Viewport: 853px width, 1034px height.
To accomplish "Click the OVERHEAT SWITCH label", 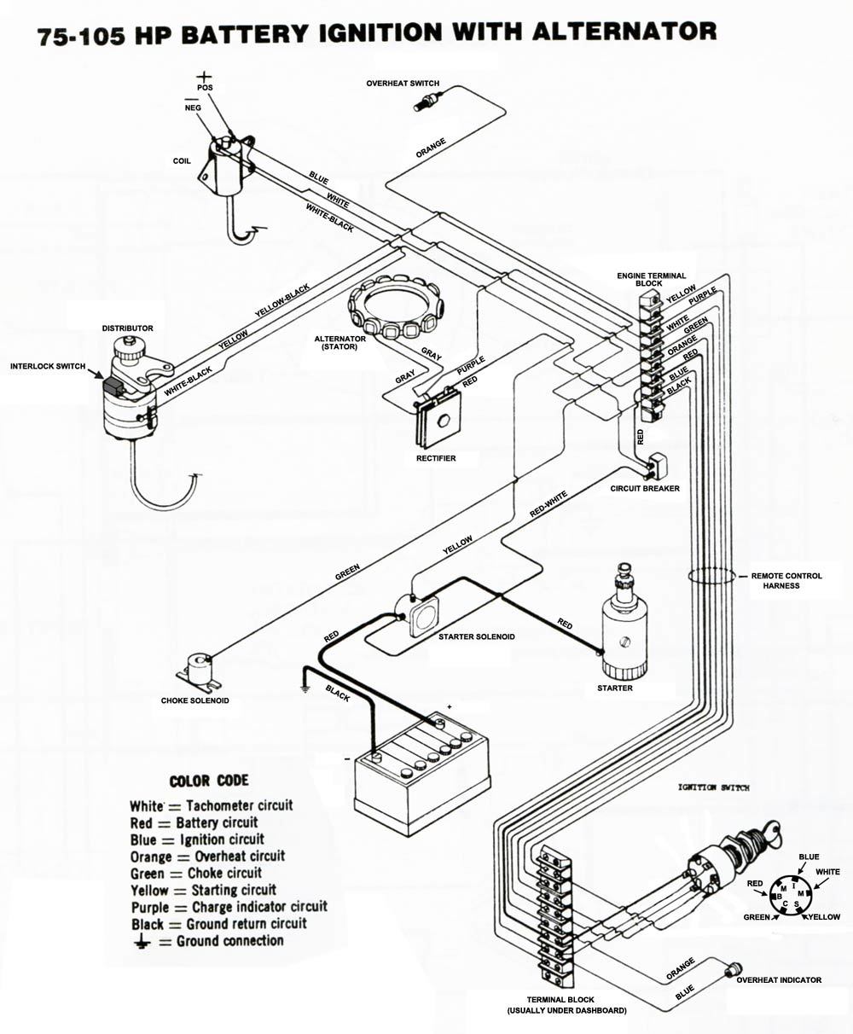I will coord(403,84).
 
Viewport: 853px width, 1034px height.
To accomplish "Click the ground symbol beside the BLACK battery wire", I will coord(304,686).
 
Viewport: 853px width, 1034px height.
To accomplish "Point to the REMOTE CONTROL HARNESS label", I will coord(786,581).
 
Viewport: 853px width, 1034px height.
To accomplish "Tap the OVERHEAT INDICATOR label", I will coord(779,980).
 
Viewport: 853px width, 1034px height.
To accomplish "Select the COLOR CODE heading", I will coord(209,781).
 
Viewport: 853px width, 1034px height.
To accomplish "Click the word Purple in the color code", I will coord(149,907).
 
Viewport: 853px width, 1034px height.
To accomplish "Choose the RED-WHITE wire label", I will coord(548,507).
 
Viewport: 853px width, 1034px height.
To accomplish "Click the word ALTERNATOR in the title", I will coord(624,32).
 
